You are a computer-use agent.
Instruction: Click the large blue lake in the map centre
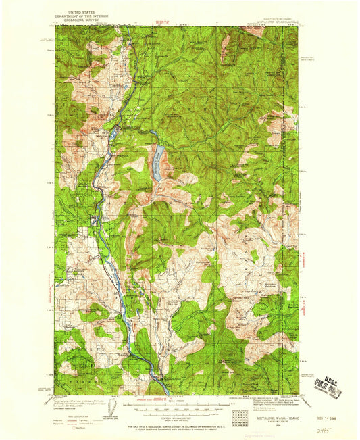(x=157, y=164)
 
